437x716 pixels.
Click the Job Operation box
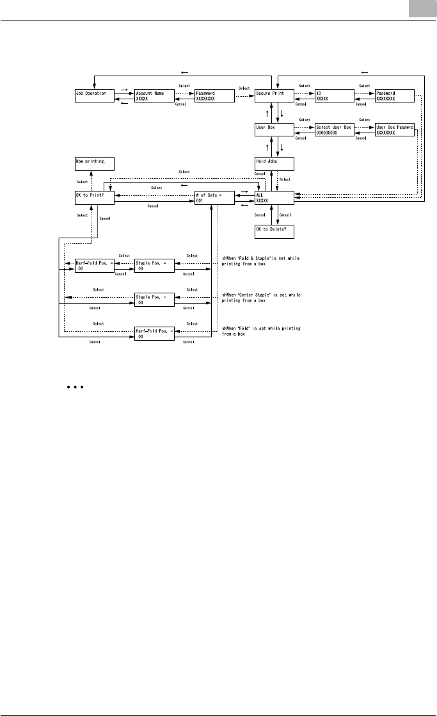(x=95, y=96)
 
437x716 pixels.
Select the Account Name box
(x=154, y=96)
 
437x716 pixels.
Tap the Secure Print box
(x=274, y=96)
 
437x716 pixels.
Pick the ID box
(x=334, y=96)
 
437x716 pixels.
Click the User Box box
(x=274, y=131)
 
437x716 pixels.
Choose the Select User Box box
(x=334, y=131)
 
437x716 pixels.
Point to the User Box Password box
(x=393, y=131)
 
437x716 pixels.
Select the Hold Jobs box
(x=274, y=165)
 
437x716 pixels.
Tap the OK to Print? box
(x=95, y=199)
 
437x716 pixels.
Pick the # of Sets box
(x=214, y=199)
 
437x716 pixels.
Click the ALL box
(x=274, y=199)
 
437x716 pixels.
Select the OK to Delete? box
(x=274, y=232)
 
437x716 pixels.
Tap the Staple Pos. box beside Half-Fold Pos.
(x=154, y=266)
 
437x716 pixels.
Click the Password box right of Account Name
(x=214, y=96)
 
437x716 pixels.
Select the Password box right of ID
(x=393, y=96)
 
